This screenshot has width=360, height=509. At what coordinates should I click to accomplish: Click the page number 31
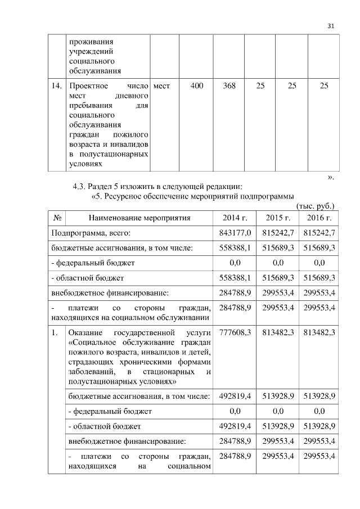(x=331, y=26)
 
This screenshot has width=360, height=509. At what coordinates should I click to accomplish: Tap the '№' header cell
(x=57, y=218)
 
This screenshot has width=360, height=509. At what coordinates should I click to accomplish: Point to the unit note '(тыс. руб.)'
(x=315, y=206)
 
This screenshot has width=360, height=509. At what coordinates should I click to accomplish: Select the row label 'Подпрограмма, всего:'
(x=91, y=232)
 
